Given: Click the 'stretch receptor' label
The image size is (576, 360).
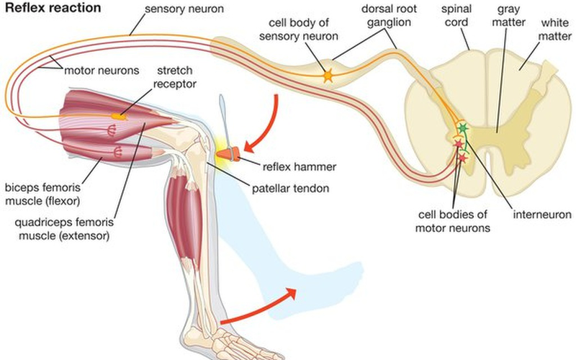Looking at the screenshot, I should pos(174,80).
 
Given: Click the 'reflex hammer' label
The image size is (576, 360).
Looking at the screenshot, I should pos(300,166).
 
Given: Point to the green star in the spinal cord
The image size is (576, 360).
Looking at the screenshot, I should pos(462,128).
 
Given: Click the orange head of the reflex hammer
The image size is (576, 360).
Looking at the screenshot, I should pos(230,153).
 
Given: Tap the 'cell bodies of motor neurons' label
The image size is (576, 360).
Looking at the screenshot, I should pos(454,220).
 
